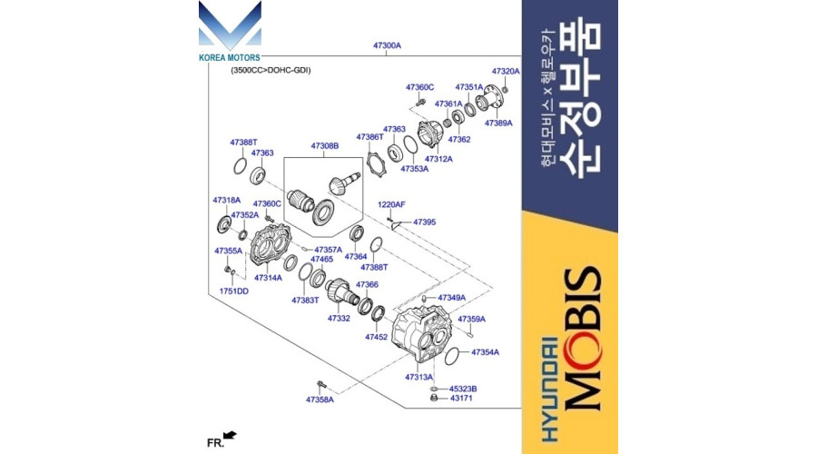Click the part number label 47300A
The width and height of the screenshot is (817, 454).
[x=387, y=46]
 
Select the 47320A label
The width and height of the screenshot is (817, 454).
[x=506, y=72]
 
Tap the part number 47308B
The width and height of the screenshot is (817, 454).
[x=325, y=146]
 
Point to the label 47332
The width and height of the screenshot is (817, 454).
[x=339, y=318]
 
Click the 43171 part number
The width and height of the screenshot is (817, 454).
[x=461, y=399]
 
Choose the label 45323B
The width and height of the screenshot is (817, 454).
[x=463, y=389]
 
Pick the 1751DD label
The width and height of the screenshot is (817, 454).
[x=234, y=291]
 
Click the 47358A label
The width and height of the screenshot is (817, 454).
[x=320, y=400]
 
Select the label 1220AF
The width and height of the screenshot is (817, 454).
[x=391, y=205]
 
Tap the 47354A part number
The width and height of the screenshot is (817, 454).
[x=485, y=352]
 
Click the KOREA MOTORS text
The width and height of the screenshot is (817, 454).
[x=230, y=58]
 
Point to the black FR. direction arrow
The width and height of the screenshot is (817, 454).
[x=230, y=435]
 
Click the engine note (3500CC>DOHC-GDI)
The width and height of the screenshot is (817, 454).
[x=271, y=70]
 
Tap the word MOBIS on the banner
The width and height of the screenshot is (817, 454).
[x=582, y=339]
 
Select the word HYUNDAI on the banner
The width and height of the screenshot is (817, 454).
[x=549, y=390]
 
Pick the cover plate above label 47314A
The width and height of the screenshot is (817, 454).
[x=271, y=244]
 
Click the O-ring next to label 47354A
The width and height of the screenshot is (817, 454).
[x=451, y=356]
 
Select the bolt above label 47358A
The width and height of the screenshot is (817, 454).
[x=321, y=385]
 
